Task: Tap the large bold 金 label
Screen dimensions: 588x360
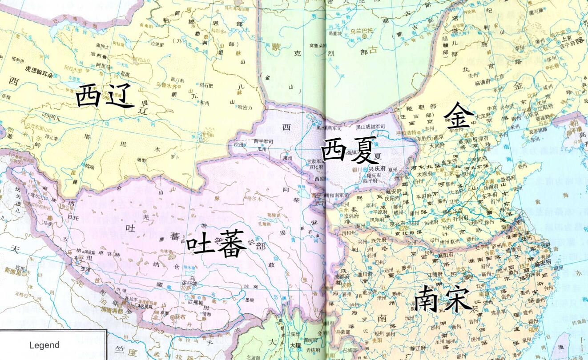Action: (x=459, y=116)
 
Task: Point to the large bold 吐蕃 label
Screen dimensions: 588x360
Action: (x=216, y=244)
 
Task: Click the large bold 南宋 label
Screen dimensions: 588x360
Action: (x=443, y=299)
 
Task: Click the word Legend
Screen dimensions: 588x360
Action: (x=44, y=345)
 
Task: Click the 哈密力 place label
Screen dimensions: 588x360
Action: (x=245, y=107)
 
